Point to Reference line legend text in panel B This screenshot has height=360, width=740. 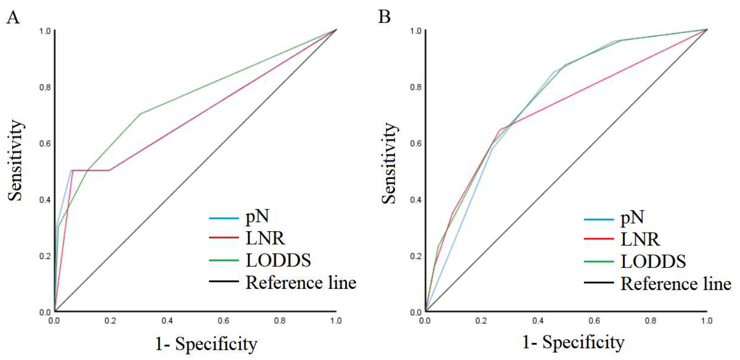[x=676, y=284]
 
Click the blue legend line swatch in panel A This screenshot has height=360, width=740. [x=223, y=218]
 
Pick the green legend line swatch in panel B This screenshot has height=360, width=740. [x=599, y=261]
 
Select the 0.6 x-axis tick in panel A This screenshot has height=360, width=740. [x=223, y=321]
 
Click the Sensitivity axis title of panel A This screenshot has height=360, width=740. [x=15, y=160]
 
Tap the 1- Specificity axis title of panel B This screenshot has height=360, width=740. [x=573, y=342]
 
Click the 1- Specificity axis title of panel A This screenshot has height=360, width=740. [x=206, y=344]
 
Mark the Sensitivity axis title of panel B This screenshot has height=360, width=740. [x=389, y=163]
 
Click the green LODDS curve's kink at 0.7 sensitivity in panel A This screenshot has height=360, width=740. [x=140, y=114]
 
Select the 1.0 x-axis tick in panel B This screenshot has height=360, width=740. [x=706, y=321]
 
